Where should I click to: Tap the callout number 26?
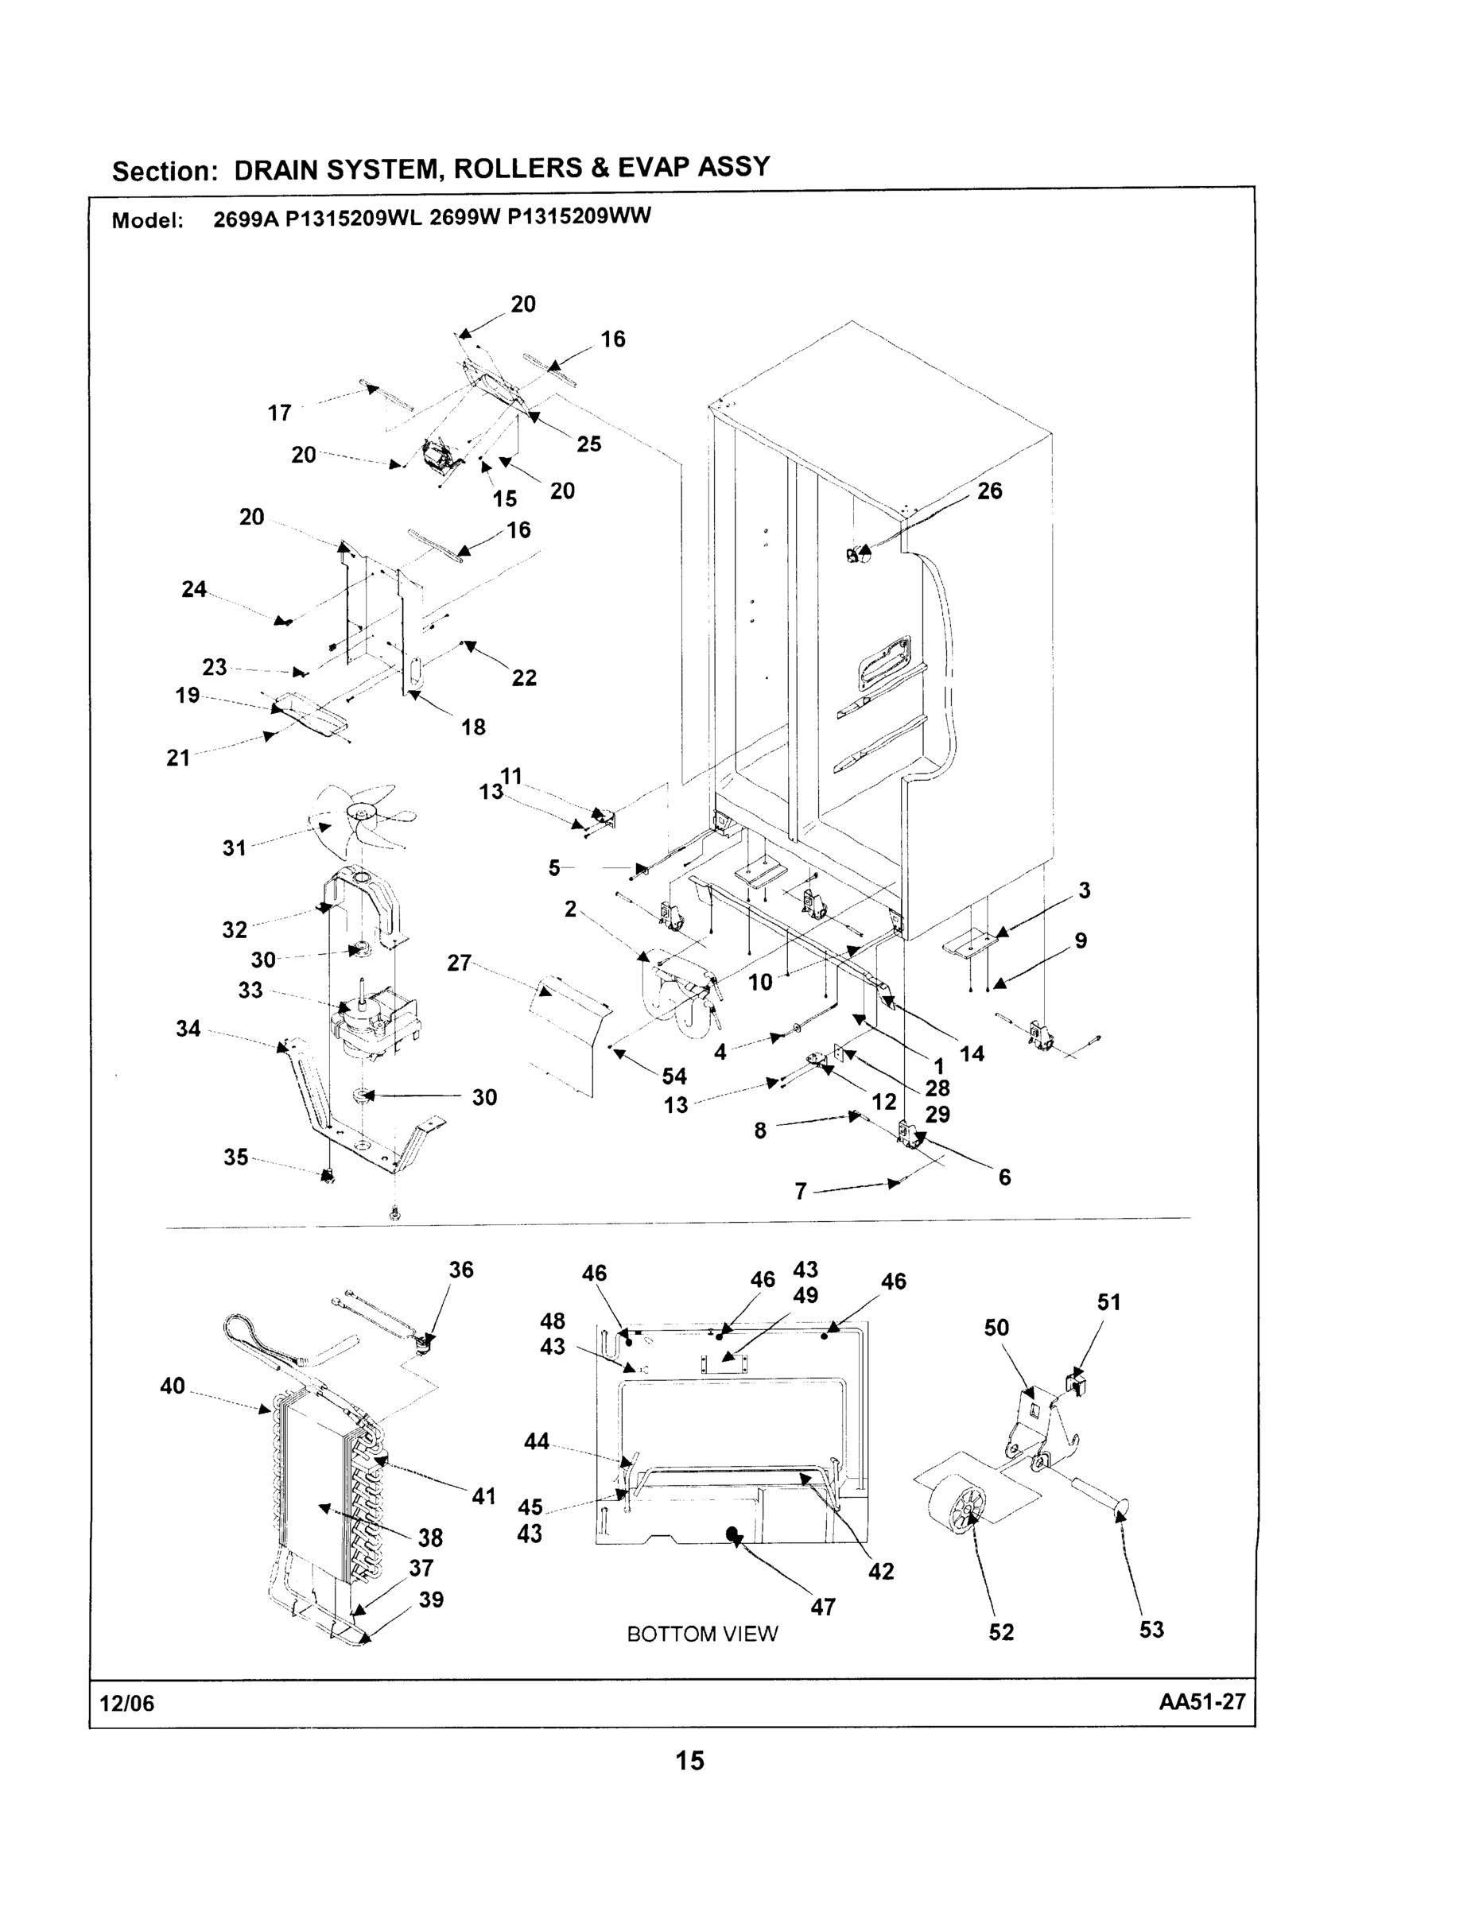point(989,491)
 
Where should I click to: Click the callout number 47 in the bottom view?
point(823,1607)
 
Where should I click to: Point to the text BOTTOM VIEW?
point(701,1634)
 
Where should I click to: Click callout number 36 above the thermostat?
point(460,1270)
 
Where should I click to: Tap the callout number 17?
point(280,413)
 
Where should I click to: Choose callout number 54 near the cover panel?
point(673,1076)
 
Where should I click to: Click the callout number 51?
point(1108,1301)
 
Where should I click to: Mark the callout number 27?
point(459,963)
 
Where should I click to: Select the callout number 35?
point(235,1158)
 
